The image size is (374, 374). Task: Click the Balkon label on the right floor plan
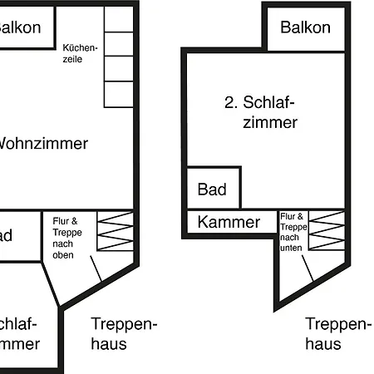pyautogui.click(x=305, y=27)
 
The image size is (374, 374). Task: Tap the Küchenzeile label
pyautogui.click(x=80, y=53)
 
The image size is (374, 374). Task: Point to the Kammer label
pyautogui.click(x=229, y=222)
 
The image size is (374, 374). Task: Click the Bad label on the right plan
pyautogui.click(x=212, y=189)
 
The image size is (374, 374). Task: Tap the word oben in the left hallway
pyautogui.click(x=63, y=255)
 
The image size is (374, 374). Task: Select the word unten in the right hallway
pyautogui.click(x=291, y=247)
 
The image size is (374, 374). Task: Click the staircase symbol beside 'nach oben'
pyautogui.click(x=115, y=230)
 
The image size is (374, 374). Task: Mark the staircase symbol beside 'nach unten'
pyautogui.click(x=326, y=230)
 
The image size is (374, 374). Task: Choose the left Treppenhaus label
pyautogui.click(x=124, y=332)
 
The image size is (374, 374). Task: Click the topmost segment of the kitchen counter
pyautogui.click(x=119, y=21)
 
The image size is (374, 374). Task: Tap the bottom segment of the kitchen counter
pyautogui.click(x=119, y=94)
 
